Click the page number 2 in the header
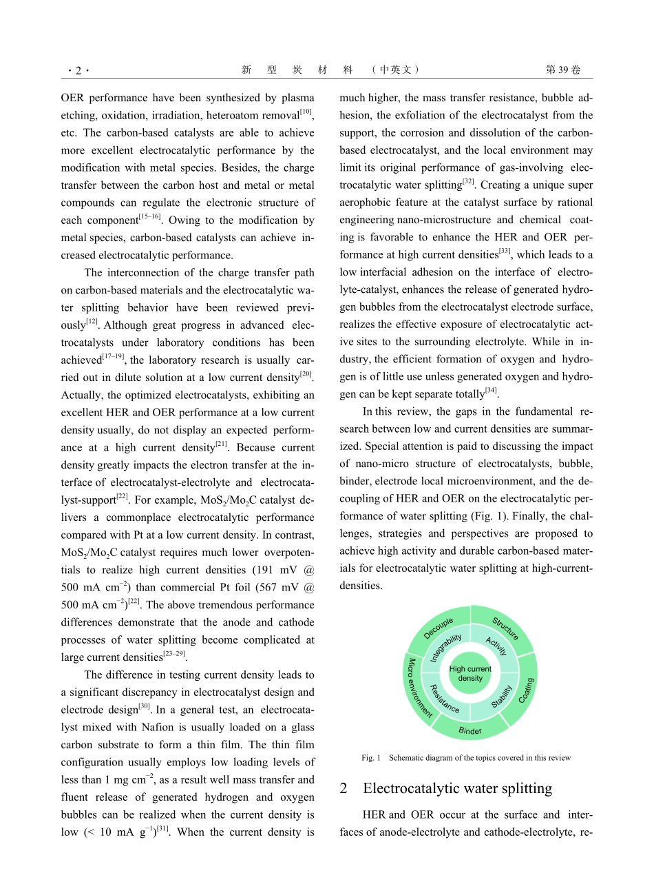tap(78, 70)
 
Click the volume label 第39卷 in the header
tap(562, 70)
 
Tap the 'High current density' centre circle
tap(470, 673)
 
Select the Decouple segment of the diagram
tap(439, 628)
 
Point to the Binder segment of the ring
tap(470, 731)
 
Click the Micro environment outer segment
tap(416, 687)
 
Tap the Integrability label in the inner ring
tap(445, 648)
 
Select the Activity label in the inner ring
tap(496, 646)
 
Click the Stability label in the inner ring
tap(502, 697)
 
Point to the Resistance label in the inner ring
tap(444, 698)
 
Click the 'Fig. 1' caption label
tap(370, 758)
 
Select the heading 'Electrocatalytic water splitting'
tap(457, 788)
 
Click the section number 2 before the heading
tap(344, 788)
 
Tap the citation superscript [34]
tap(491, 391)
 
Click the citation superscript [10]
tap(306, 112)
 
